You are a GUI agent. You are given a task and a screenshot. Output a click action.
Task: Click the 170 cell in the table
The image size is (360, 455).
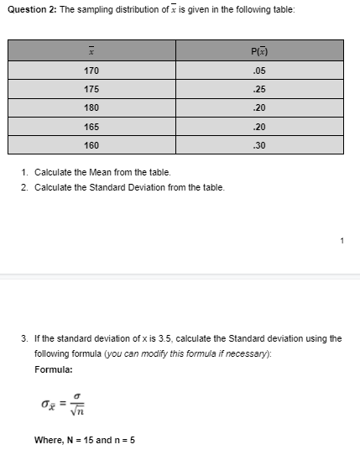[91, 71]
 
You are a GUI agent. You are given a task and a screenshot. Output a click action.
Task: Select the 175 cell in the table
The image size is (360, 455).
[91, 89]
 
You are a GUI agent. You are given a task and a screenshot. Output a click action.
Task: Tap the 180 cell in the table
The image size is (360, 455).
[91, 107]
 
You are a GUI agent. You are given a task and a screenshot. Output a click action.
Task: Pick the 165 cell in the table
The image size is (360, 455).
[91, 126]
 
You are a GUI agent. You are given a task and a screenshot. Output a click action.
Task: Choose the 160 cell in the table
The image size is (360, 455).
[91, 144]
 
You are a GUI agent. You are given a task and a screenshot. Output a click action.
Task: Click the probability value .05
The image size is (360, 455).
[258, 71]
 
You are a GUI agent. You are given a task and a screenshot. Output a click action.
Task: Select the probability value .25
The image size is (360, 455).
[258, 89]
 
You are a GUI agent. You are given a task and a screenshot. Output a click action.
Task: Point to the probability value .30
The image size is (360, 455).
[258, 144]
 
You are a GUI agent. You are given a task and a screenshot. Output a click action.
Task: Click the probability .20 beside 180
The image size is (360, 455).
[258, 107]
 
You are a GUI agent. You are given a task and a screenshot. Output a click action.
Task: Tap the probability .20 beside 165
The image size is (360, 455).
[258, 126]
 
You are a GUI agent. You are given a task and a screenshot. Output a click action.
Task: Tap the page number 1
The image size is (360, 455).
[342, 242]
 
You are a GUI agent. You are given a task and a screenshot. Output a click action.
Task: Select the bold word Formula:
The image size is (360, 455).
[54, 369]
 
